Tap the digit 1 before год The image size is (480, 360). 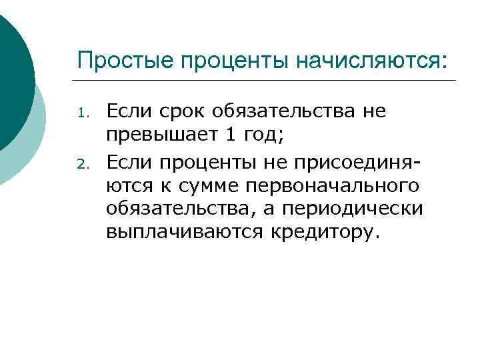[230, 135]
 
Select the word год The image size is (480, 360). [263, 135]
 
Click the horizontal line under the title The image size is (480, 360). [267, 81]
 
